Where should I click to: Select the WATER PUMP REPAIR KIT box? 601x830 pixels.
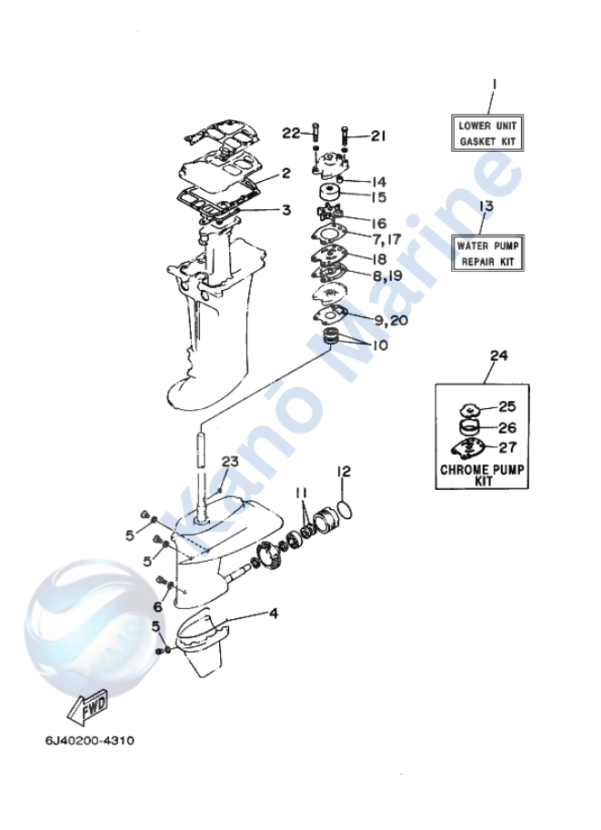click(x=485, y=253)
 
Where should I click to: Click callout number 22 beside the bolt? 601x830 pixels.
click(x=290, y=133)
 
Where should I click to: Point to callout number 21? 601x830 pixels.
click(x=377, y=136)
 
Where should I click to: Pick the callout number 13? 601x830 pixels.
click(x=486, y=206)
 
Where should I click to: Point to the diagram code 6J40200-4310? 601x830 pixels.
click(x=88, y=740)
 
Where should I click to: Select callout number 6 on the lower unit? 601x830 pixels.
click(x=157, y=606)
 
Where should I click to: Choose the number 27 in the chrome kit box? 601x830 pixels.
click(x=506, y=446)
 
